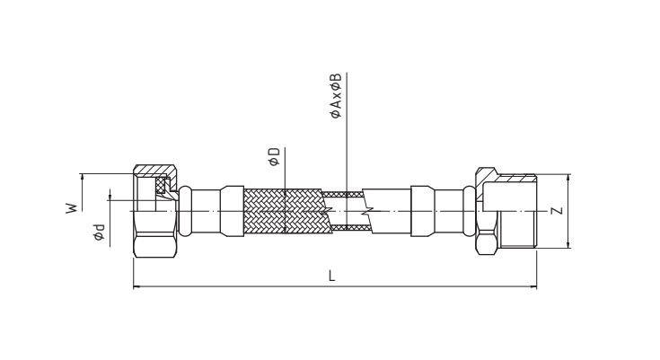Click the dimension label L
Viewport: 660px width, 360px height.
coord(332,277)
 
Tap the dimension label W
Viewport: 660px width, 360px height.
coord(72,208)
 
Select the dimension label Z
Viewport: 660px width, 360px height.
coord(558,211)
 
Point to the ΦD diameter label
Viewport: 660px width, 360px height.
coord(275,156)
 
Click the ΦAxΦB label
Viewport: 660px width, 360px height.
coord(336,96)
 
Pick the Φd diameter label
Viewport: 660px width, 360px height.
coord(99,232)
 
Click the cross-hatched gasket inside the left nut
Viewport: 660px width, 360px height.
coord(161,185)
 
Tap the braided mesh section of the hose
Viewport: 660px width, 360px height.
coord(283,211)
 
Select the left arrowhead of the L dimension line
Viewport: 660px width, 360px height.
coord(136,286)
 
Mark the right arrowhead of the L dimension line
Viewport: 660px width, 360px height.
coord(533,286)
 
